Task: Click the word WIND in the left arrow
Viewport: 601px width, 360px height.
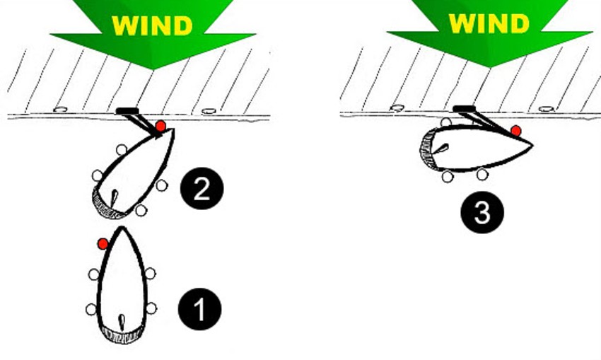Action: (152, 25)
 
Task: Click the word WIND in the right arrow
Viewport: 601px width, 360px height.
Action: (489, 23)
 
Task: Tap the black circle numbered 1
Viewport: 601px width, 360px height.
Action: (199, 309)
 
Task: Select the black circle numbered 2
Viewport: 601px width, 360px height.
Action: (202, 188)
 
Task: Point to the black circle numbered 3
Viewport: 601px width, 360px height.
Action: (482, 212)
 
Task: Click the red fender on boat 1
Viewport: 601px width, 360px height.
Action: (103, 243)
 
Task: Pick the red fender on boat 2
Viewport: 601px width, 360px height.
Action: (161, 126)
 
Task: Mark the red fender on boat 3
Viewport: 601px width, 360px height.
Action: (516, 131)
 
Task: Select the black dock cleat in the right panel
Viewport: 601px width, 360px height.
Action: (464, 109)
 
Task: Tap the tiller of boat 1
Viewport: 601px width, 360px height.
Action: (122, 323)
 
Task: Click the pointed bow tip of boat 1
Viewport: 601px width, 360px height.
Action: (122, 227)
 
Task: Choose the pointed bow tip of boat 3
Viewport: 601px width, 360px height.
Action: (532, 145)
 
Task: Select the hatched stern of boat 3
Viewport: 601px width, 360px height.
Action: (426, 149)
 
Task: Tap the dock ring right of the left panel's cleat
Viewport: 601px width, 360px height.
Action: (209, 111)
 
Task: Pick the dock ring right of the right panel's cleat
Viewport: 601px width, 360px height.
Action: (546, 109)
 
